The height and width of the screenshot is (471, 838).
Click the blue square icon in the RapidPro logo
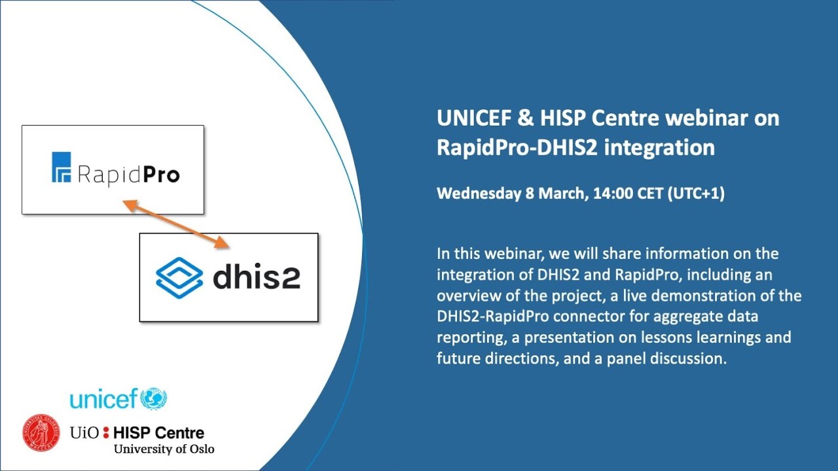61,167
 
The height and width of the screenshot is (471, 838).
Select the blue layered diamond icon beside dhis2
179,277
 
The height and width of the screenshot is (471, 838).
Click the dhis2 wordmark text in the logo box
256,277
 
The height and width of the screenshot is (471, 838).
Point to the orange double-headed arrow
177,224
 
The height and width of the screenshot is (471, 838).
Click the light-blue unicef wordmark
103,398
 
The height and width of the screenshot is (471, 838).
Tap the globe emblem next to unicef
154,398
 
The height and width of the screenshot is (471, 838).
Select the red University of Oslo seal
41,432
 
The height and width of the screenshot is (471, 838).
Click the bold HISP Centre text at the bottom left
158,432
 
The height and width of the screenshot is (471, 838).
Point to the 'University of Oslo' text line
164,449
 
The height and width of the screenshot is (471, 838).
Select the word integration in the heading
659,147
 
